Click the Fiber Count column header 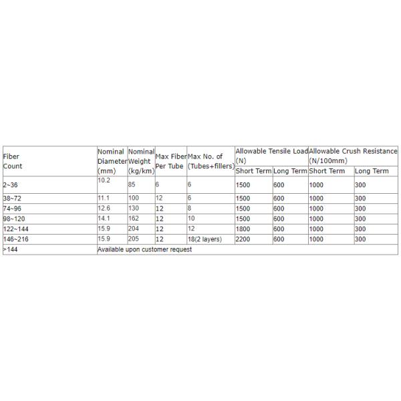[13, 160]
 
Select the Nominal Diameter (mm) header [111, 161]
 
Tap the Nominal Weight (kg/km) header [141, 161]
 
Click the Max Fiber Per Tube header [170, 160]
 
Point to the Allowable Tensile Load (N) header [271, 156]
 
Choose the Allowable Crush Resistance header [353, 156]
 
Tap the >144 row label [10, 249]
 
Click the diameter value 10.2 [104, 180]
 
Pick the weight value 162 [135, 219]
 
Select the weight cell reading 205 [135, 239]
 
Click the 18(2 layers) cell [205, 239]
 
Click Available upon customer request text [144, 249]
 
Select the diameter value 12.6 [104, 209]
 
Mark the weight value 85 [133, 184]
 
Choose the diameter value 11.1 [104, 198]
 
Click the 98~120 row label [14, 219]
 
